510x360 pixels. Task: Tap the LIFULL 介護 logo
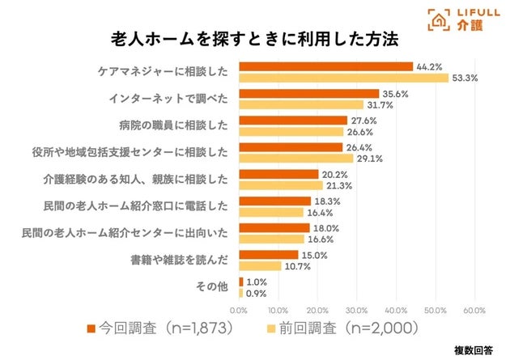pyautogui.click(x=459, y=20)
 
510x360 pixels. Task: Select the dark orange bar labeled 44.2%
pyautogui.click(x=325, y=66)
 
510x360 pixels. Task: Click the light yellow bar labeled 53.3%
pyautogui.click(x=343, y=78)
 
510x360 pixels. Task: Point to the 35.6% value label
pyautogui.click(x=394, y=93)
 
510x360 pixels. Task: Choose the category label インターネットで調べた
pyautogui.click(x=168, y=99)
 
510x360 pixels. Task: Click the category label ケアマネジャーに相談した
pyautogui.click(x=163, y=72)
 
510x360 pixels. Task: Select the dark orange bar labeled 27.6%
pyautogui.click(x=293, y=120)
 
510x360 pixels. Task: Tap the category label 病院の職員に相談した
pyautogui.click(x=174, y=125)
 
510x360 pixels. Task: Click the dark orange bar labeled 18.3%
pyautogui.click(x=274, y=201)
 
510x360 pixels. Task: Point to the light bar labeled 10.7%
pyautogui.click(x=260, y=265)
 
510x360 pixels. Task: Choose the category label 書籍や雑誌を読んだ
pyautogui.click(x=180, y=260)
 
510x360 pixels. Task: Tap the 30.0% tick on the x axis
pyautogui.click(x=357, y=309)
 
